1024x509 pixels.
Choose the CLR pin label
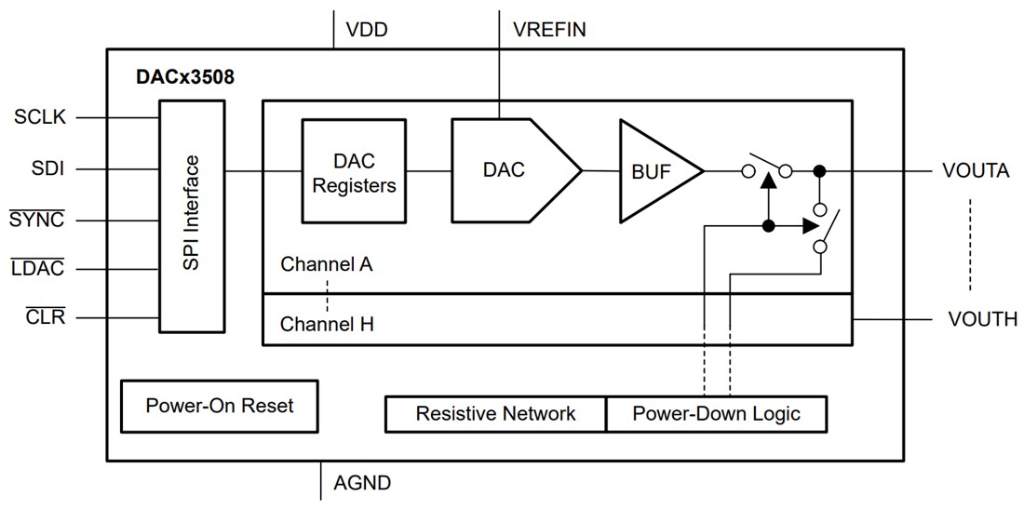(x=44, y=318)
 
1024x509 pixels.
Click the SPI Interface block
(x=192, y=213)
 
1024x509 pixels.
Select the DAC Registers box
(x=354, y=171)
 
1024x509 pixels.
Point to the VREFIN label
(x=549, y=30)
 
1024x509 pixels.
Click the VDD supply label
(x=367, y=30)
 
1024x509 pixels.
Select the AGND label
(x=362, y=483)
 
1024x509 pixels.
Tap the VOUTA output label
(x=976, y=171)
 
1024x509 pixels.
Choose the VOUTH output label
(x=982, y=319)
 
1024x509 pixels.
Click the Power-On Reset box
(x=219, y=406)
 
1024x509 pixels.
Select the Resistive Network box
(x=495, y=413)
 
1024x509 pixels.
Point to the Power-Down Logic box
(x=716, y=413)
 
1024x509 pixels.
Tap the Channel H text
(x=327, y=325)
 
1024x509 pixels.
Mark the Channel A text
(x=327, y=264)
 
